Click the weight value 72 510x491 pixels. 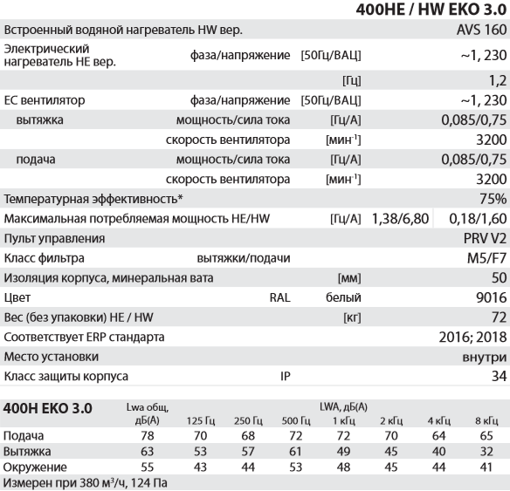click(x=500, y=318)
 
